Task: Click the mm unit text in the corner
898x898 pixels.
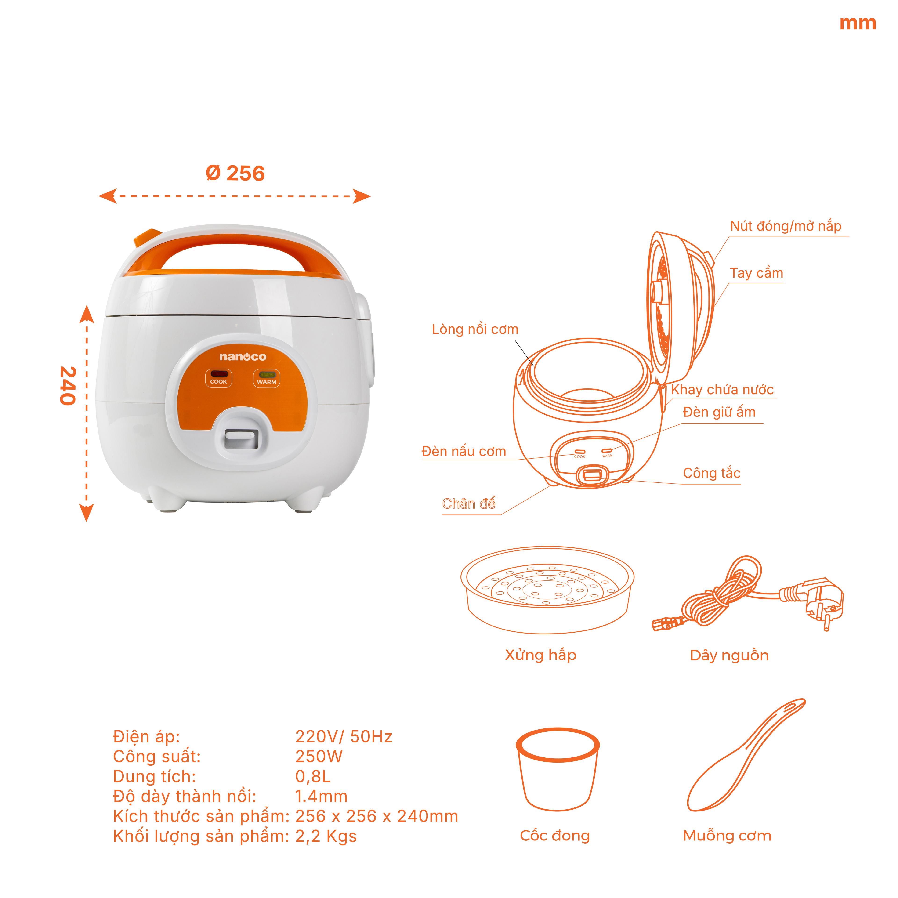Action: [x=858, y=23]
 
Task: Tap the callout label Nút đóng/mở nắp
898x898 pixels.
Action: [x=786, y=226]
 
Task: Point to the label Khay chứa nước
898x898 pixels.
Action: [x=722, y=390]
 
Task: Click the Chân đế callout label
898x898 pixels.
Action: [x=468, y=504]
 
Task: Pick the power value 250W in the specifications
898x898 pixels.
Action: [x=319, y=757]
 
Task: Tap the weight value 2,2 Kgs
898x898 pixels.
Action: [x=326, y=836]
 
